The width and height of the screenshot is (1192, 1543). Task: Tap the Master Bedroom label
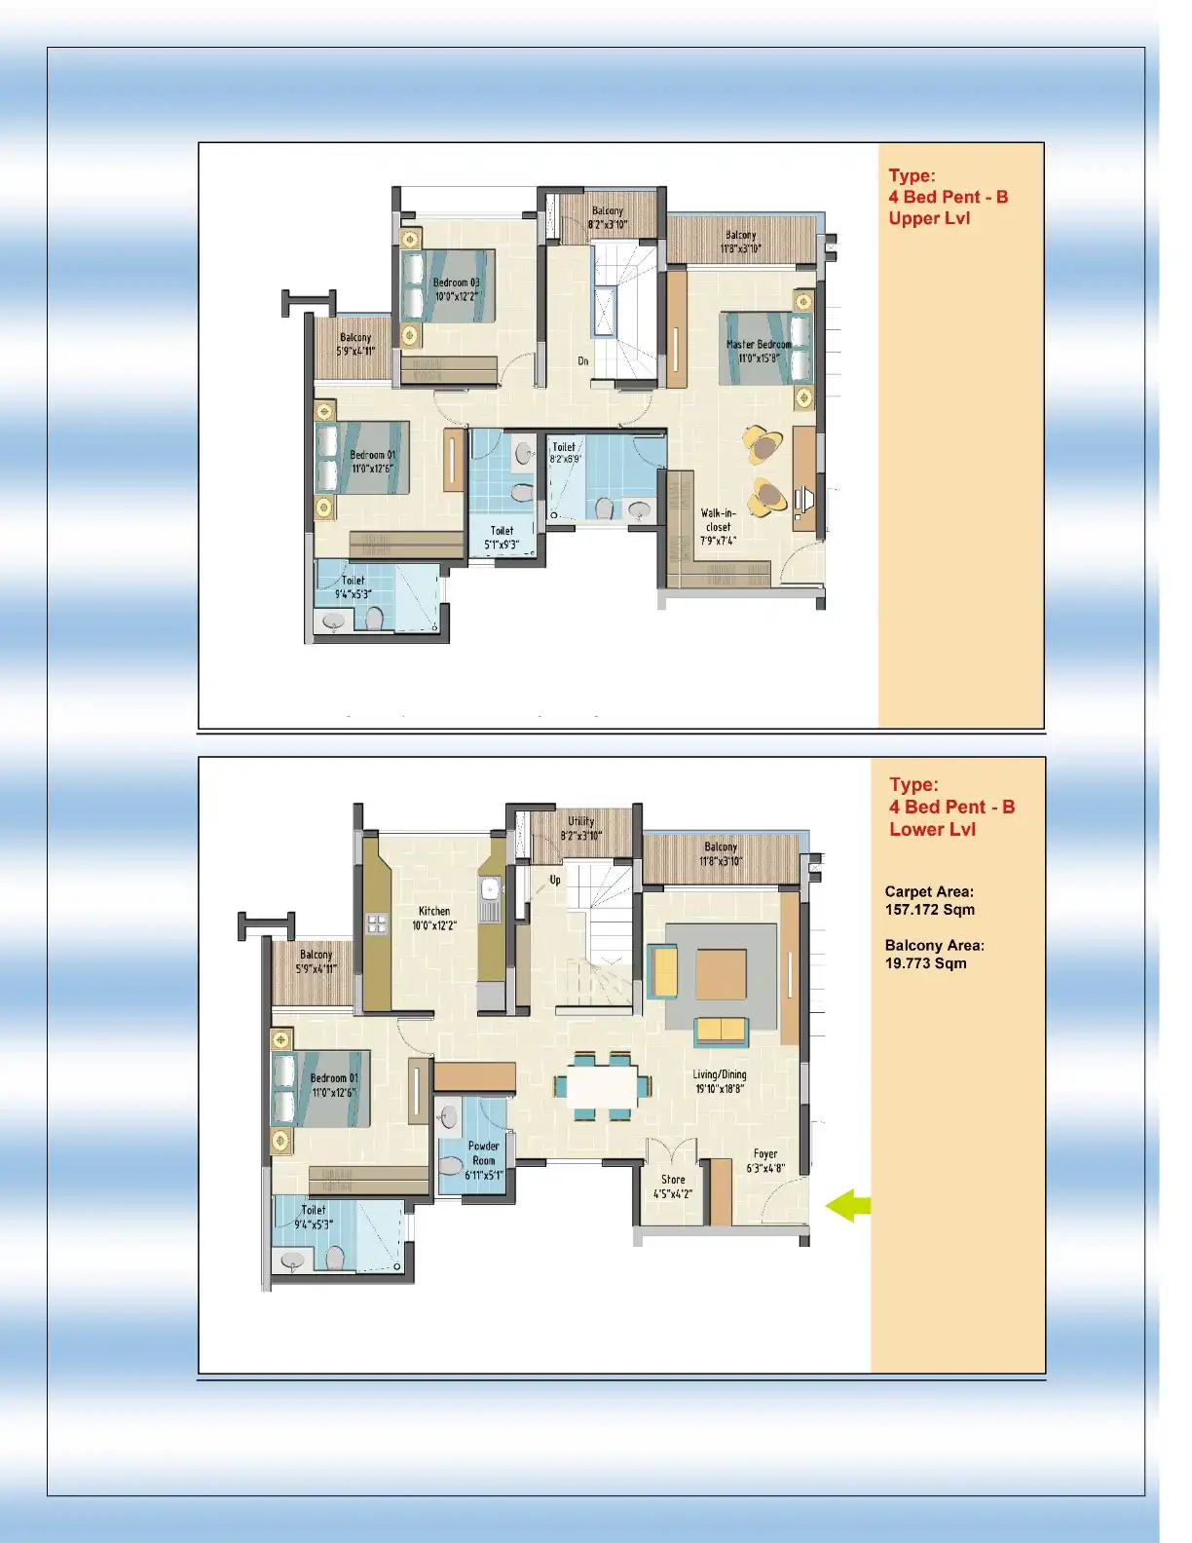(x=759, y=345)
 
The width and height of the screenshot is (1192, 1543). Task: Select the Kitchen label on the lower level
(x=434, y=912)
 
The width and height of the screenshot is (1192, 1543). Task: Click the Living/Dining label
(x=720, y=1075)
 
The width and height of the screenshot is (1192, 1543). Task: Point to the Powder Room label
(x=483, y=1153)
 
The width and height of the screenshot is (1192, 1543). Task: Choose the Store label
(x=673, y=1180)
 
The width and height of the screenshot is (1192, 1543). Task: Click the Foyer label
(x=765, y=1154)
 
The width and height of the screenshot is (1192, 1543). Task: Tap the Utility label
(x=580, y=821)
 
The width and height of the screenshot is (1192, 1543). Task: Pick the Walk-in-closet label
(x=719, y=519)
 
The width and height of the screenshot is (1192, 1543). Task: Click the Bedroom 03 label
(x=456, y=282)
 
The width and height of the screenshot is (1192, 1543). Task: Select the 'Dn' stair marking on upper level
(x=583, y=361)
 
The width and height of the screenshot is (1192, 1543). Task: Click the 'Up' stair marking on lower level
(x=555, y=880)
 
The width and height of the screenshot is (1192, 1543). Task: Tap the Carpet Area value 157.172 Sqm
(x=929, y=910)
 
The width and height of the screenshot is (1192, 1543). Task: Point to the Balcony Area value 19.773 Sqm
(x=925, y=963)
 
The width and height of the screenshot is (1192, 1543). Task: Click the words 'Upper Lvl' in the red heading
(x=929, y=218)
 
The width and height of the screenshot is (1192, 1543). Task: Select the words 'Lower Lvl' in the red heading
(x=932, y=830)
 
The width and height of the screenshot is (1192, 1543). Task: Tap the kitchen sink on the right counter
(x=490, y=888)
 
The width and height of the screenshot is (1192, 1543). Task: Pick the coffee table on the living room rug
(x=721, y=974)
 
